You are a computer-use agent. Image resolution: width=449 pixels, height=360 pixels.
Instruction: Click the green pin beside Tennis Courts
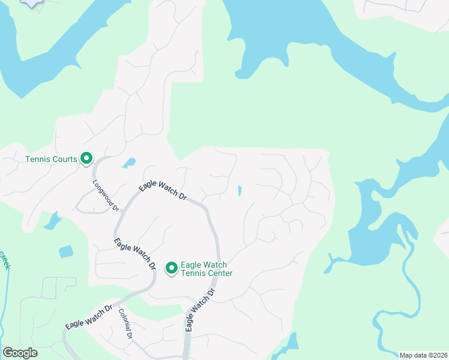pos(86,158)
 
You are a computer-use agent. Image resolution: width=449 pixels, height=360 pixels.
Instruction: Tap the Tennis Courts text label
pos(51,159)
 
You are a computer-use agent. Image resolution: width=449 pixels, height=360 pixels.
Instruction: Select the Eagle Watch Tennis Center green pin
pos(171,268)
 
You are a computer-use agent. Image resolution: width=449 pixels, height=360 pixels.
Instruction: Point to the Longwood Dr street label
pos(107,196)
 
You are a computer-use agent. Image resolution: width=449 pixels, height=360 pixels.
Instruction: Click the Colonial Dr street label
pos(125,324)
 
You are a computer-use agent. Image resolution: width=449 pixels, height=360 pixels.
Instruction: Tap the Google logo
pos(20,353)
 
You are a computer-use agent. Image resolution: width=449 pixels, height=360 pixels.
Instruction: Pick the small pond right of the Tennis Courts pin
pos(128,163)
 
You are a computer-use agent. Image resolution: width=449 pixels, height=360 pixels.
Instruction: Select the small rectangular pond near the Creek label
pos(66,251)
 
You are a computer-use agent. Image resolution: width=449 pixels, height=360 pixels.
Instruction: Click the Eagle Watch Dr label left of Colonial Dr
pos(89,316)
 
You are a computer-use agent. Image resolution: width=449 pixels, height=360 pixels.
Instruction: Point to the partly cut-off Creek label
pos(4,260)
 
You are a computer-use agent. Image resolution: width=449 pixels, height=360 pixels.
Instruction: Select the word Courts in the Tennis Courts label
pos(64,159)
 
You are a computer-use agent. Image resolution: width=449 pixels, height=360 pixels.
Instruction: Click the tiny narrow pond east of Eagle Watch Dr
pos(240,191)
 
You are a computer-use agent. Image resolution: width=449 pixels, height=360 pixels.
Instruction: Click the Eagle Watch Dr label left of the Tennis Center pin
pos(135,254)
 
